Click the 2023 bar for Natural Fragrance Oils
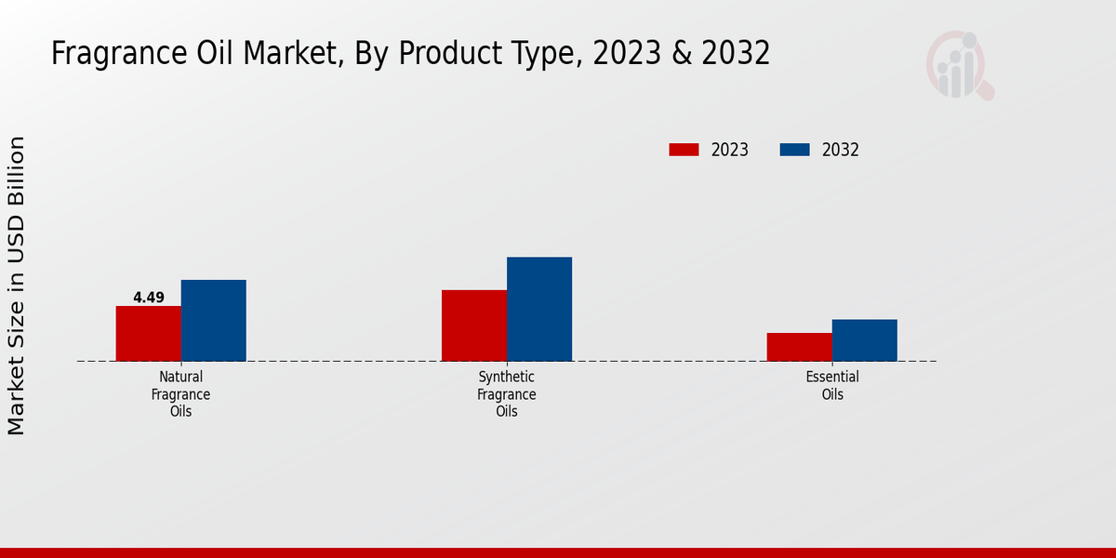[x=148, y=333]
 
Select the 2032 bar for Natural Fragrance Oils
[x=213, y=320]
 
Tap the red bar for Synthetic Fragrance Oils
[x=473, y=325]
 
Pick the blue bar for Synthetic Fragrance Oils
[x=538, y=309]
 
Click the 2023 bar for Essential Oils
[x=799, y=347]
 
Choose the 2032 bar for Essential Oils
[x=864, y=340]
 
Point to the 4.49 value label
[x=148, y=298]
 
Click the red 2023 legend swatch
[x=684, y=150]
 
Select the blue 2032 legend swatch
[x=794, y=150]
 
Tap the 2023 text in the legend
[x=729, y=150]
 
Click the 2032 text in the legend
[x=840, y=150]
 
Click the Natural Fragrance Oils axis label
[x=180, y=393]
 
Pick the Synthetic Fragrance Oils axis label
[x=506, y=393]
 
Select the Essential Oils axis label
[x=831, y=385]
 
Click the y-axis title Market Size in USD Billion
[x=17, y=285]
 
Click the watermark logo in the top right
[x=959, y=65]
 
